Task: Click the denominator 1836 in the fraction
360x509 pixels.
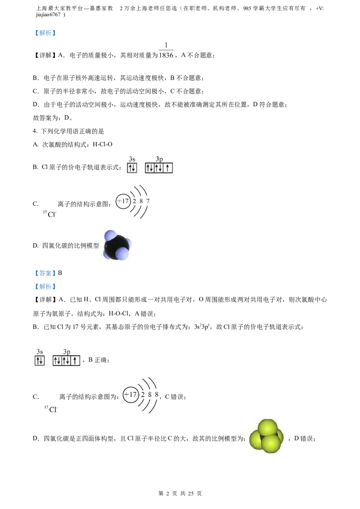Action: tap(166, 55)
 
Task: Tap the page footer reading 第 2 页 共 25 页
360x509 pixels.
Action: tap(180, 493)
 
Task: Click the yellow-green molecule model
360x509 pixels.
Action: tap(266, 436)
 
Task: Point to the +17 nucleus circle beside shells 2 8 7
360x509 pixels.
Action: tap(123, 201)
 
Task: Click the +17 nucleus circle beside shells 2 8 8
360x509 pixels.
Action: tap(130, 395)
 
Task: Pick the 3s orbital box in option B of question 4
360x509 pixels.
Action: tap(132, 168)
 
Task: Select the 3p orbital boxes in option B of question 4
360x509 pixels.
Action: tap(159, 168)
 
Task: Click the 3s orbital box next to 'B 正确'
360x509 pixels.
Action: tap(40, 360)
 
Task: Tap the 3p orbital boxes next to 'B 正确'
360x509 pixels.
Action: tap(66, 360)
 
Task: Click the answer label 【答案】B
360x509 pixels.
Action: tap(48, 273)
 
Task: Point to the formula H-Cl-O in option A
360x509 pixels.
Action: tap(102, 144)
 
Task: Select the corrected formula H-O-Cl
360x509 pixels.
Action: tap(119, 313)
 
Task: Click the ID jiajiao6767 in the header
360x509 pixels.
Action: tap(48, 14)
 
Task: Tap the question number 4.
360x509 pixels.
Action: tap(35, 131)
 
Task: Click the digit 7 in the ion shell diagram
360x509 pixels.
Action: tap(148, 201)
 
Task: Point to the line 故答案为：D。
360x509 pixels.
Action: tap(53, 118)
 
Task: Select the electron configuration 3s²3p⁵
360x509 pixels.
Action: tap(202, 327)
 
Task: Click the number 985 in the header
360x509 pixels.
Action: tap(247, 9)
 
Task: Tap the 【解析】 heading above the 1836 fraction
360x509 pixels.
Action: tap(45, 33)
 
